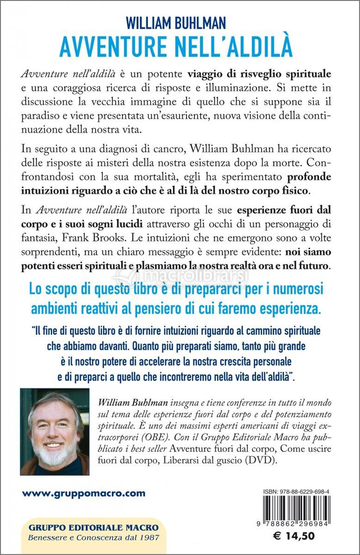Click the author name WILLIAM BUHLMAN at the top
click(179, 22)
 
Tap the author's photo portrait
click(55, 432)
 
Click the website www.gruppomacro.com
click(84, 493)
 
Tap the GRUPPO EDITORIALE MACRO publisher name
click(93, 528)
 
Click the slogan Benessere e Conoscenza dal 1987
click(93, 537)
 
